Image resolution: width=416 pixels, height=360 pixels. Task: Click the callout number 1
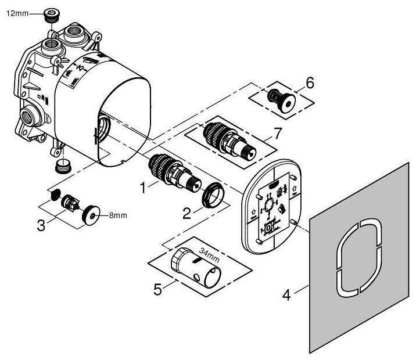143,188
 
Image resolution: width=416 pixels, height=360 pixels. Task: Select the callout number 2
187,214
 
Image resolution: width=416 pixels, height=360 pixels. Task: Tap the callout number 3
41,226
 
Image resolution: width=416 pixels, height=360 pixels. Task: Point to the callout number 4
286,295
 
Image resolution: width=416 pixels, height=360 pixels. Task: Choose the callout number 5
157,289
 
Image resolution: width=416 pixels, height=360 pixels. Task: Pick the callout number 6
310,82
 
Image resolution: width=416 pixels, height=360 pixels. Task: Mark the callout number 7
277,133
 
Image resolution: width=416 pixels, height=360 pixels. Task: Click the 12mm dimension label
17,13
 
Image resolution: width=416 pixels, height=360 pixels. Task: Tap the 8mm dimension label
119,215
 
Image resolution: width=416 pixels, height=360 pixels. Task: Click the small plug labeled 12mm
52,16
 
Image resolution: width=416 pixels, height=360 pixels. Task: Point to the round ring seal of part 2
213,195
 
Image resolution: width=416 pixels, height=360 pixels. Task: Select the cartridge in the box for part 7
229,142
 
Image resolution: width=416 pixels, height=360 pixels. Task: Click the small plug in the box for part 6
282,101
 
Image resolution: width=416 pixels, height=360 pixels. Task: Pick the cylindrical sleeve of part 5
196,268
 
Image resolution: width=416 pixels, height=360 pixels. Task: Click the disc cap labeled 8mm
91,215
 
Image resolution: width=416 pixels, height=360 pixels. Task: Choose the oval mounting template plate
272,207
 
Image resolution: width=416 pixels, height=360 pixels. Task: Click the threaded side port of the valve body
31,116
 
